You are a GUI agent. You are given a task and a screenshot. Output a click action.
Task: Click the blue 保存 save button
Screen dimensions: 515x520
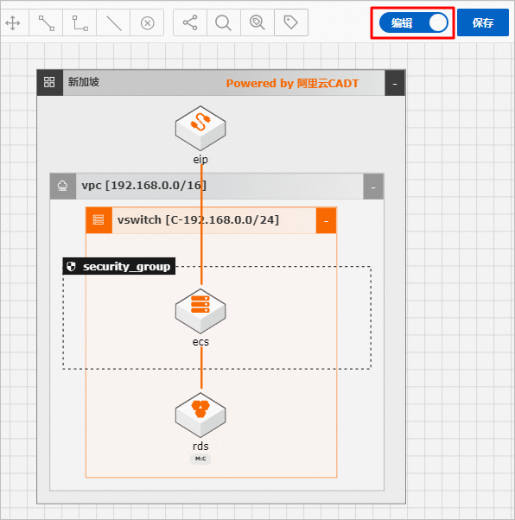[x=482, y=22]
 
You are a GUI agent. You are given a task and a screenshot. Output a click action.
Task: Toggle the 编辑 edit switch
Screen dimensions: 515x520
[x=413, y=22]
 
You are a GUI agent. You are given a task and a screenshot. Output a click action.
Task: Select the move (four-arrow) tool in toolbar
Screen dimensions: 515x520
[x=13, y=22]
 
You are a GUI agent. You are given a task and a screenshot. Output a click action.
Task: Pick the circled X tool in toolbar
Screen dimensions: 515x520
[x=148, y=23]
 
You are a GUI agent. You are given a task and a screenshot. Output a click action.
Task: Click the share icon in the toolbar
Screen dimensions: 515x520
[x=190, y=22]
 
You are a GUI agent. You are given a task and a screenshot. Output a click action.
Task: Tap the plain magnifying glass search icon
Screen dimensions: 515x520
[x=223, y=22]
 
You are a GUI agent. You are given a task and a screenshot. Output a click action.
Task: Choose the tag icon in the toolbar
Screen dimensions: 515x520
[x=290, y=22]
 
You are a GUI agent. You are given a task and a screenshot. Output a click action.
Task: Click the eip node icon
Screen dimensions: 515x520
[x=200, y=128]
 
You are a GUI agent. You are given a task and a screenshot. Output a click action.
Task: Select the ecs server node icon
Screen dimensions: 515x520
[x=200, y=311]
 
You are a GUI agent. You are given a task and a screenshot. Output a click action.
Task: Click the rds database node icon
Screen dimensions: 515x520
[x=200, y=415]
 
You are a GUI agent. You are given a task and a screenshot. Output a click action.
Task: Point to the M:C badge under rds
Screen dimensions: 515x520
[x=200, y=459]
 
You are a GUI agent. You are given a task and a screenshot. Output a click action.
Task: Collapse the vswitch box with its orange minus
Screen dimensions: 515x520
[x=326, y=220]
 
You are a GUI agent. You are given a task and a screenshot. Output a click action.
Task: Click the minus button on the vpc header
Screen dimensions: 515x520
[x=373, y=187]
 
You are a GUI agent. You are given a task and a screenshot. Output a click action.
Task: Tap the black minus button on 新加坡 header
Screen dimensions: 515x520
[x=395, y=84]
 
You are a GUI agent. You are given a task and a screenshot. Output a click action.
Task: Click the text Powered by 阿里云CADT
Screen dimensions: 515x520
[x=292, y=83]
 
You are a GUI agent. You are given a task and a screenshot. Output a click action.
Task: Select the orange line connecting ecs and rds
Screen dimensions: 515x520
[x=201, y=367]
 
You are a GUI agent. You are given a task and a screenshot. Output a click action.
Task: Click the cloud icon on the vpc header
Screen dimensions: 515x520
[x=62, y=186]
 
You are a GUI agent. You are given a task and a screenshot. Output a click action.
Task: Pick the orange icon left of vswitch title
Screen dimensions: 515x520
[x=99, y=220]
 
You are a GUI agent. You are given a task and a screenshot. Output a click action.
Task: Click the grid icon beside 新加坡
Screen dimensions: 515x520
[x=49, y=82]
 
